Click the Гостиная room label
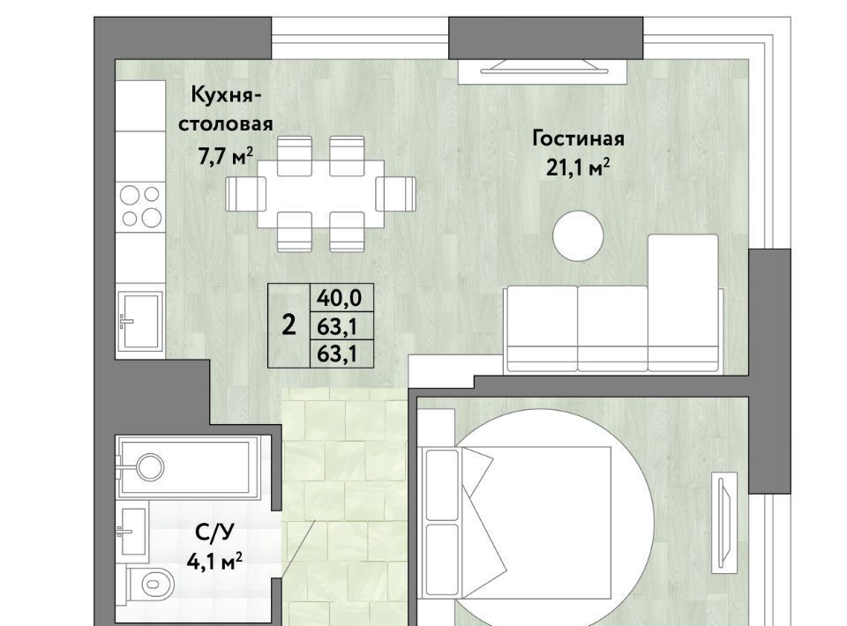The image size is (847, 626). [578, 138]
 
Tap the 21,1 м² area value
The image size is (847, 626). [578, 168]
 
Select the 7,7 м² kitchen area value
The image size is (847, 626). [225, 157]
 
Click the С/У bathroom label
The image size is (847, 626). [214, 533]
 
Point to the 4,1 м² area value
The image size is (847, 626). [214, 562]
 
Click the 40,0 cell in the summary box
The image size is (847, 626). [339, 297]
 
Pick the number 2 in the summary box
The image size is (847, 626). [289, 325]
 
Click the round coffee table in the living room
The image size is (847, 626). [578, 235]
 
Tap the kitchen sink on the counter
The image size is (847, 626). [140, 321]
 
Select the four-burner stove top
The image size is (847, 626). [140, 205]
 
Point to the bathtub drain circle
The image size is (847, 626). [150, 466]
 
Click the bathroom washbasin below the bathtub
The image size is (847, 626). [133, 532]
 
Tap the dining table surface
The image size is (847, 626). [321, 194]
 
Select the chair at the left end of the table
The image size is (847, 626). [246, 194]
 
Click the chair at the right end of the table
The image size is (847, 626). [395, 194]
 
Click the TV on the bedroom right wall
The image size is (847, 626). [723, 522]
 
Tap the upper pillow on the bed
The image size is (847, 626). [442, 483]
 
